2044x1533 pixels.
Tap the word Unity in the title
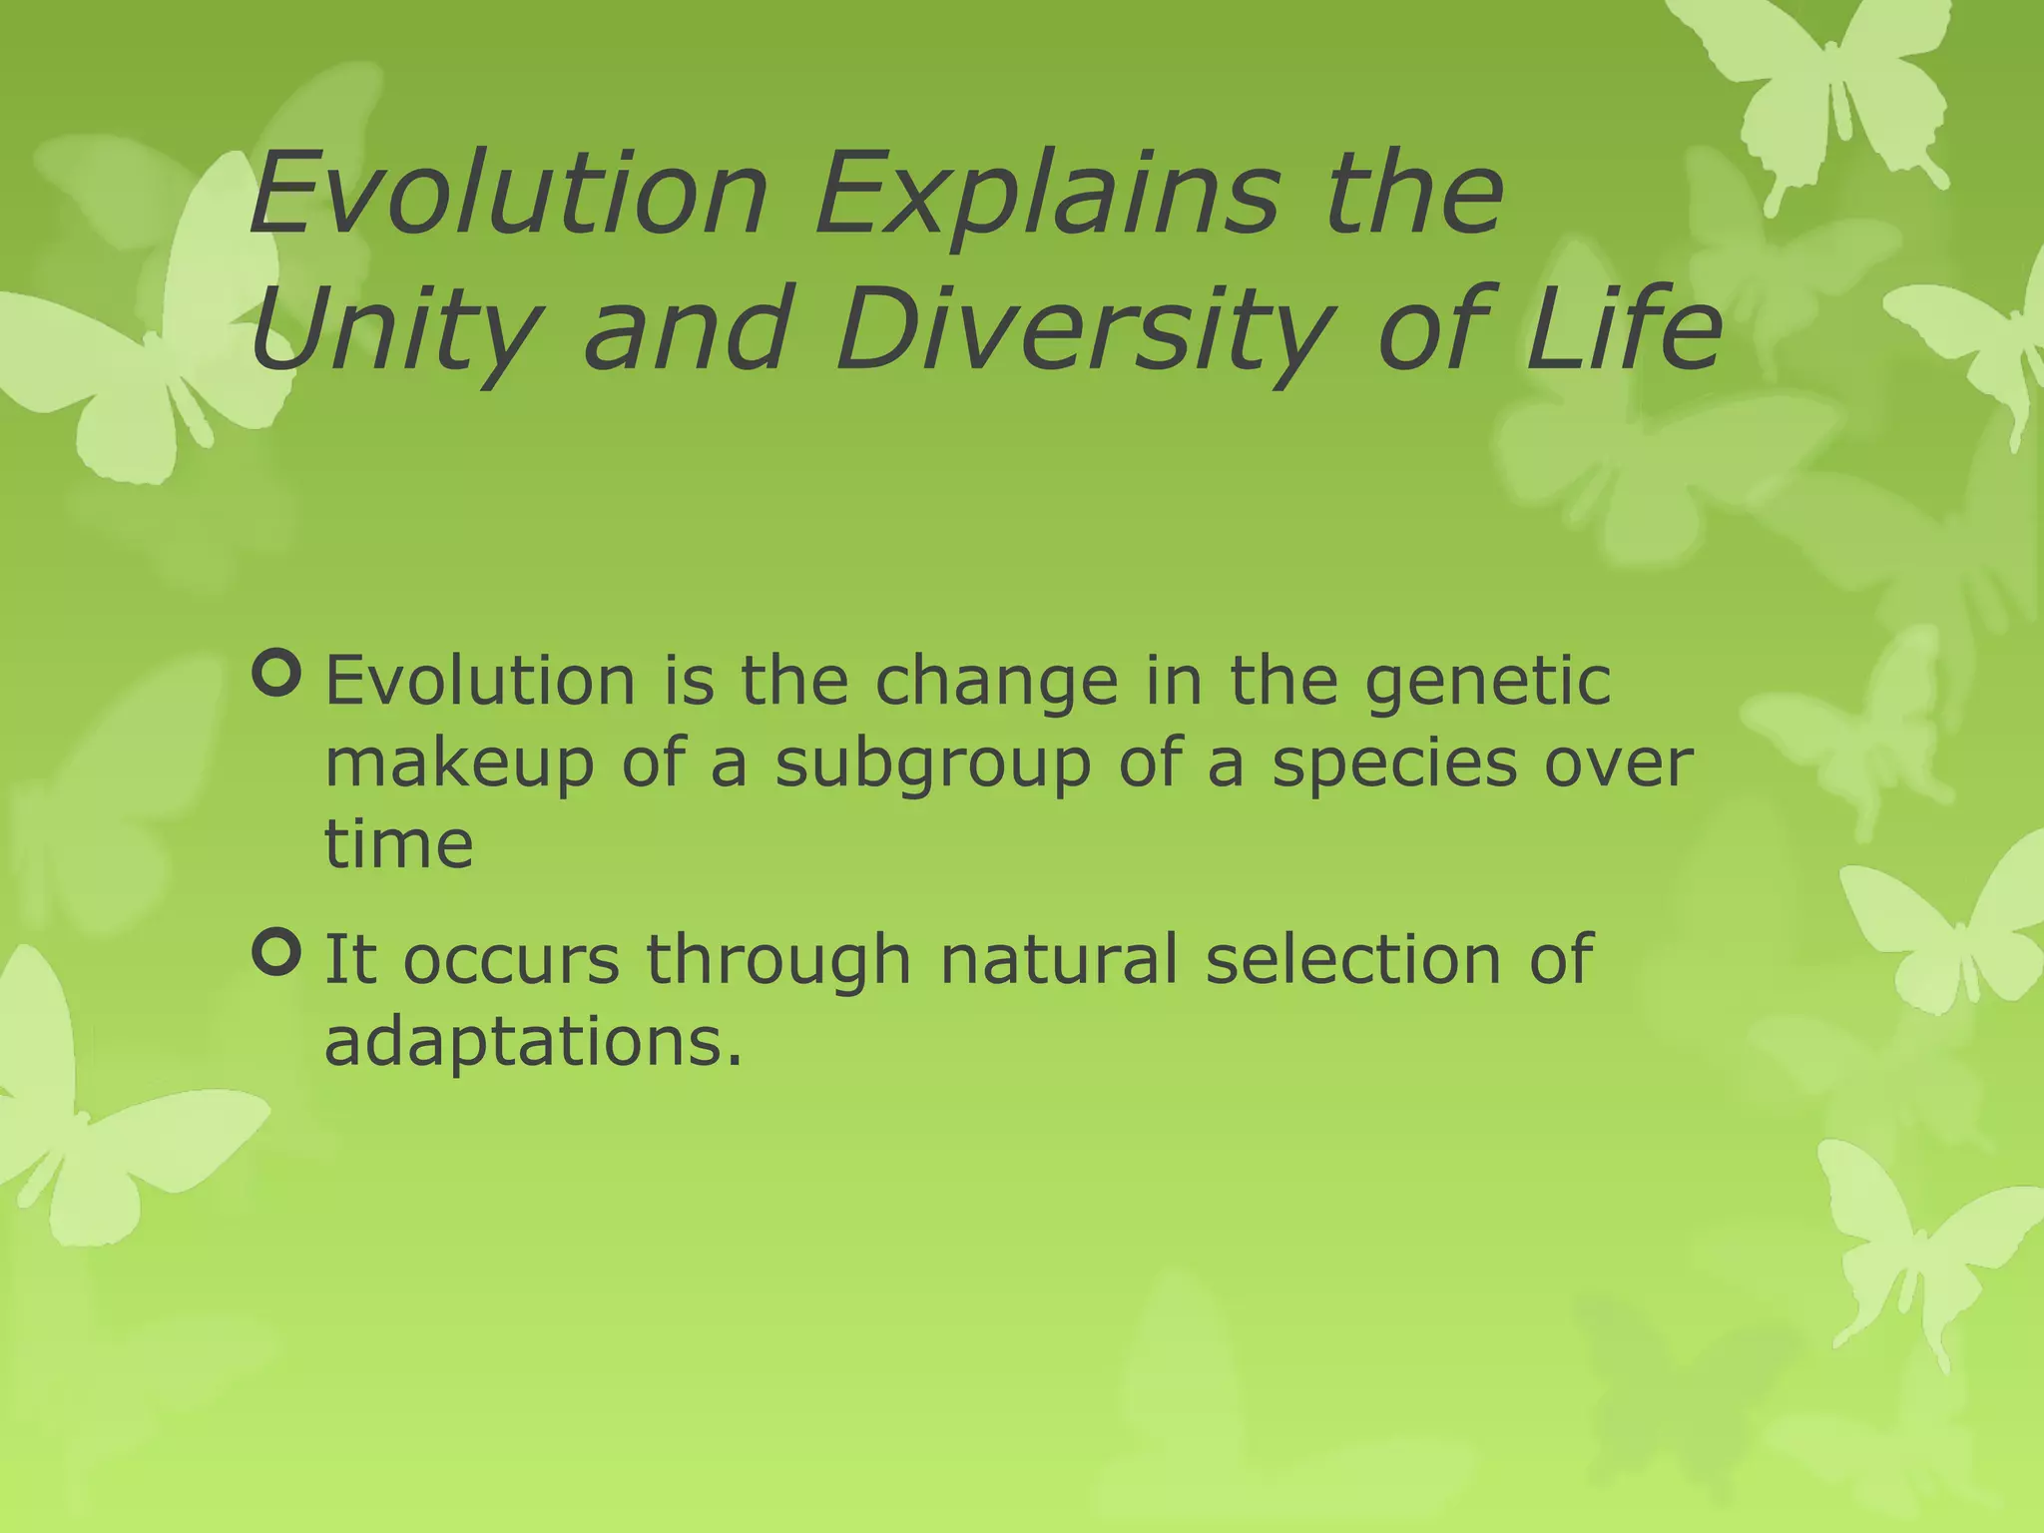click(395, 329)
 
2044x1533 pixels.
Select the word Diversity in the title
click(1084, 329)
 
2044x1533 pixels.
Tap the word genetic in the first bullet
click(1487, 685)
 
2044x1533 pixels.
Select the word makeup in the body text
click(458, 766)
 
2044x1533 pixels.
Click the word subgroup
click(932, 766)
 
